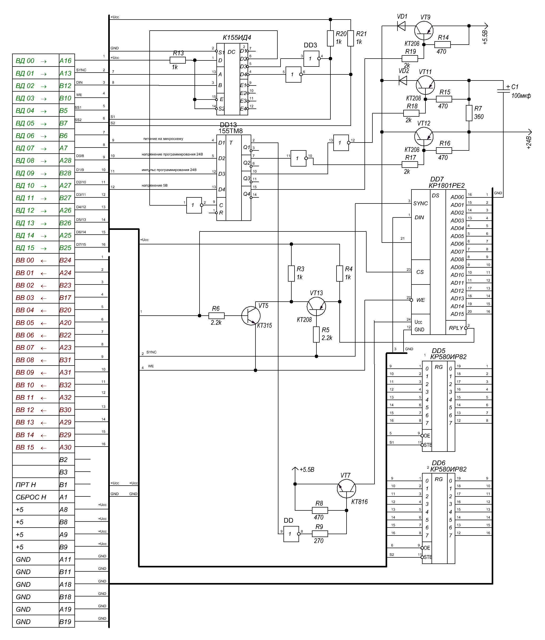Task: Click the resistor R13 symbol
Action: coord(178,60)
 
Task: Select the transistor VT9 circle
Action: coord(424,31)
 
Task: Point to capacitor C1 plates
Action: coord(503,91)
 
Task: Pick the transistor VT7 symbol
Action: coord(346,489)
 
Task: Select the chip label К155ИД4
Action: coord(237,38)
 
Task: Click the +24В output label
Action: coord(529,143)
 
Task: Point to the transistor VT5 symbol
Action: coord(250,316)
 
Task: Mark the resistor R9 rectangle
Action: coord(320,533)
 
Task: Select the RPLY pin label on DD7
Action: coord(456,328)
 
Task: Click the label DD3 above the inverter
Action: coord(310,45)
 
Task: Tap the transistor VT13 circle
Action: coord(316,306)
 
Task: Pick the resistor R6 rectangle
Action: coord(216,316)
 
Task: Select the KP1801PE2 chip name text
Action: coord(447,186)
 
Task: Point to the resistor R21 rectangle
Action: coord(350,38)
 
